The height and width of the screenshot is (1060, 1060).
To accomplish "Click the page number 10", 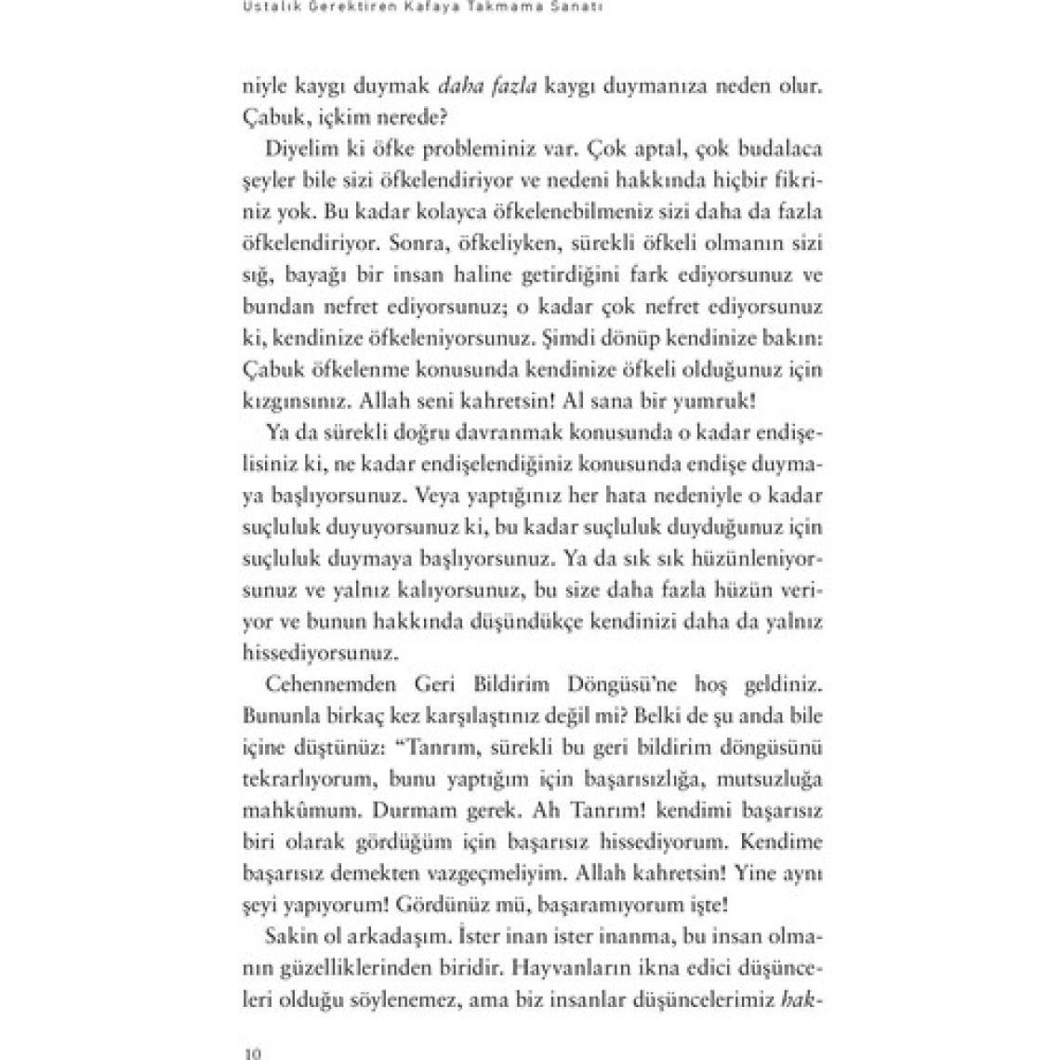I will point(252,1053).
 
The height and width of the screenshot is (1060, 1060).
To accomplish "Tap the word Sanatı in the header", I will point(607,8).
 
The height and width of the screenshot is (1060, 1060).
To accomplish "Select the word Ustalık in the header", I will point(269,8).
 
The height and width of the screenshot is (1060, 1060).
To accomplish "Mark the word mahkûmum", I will point(285,811).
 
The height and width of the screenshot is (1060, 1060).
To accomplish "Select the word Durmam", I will point(391,811).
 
